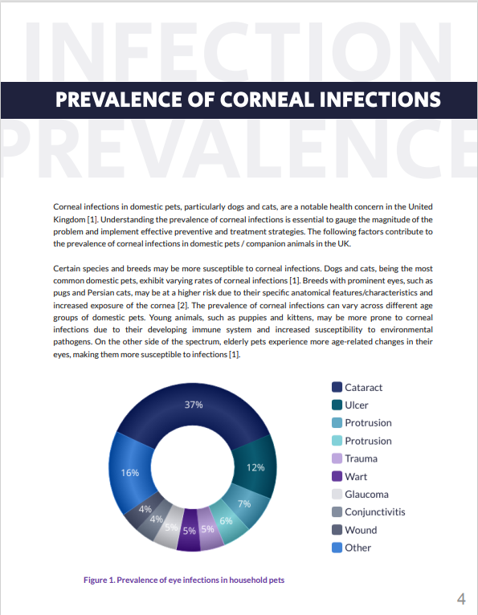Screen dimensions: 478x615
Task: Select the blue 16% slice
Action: point(130,472)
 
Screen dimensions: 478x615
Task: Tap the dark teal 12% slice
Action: point(255,467)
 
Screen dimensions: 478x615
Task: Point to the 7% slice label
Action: point(244,503)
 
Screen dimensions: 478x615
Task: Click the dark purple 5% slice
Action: point(189,531)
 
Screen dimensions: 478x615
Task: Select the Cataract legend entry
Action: point(357,388)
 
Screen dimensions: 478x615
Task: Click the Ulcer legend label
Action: point(357,405)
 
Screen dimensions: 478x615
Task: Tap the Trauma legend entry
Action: point(354,458)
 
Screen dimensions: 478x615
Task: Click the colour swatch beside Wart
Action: point(337,477)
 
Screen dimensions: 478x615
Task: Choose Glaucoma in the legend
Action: point(360,495)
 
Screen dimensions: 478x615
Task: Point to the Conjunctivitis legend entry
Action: point(369,512)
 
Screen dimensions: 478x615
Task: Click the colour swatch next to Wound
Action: point(337,530)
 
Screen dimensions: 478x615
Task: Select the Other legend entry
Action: point(351,548)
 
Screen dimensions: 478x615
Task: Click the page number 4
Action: point(461,599)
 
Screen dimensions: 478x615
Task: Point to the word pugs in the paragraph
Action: point(61,293)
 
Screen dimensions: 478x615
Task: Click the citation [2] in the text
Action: point(182,306)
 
